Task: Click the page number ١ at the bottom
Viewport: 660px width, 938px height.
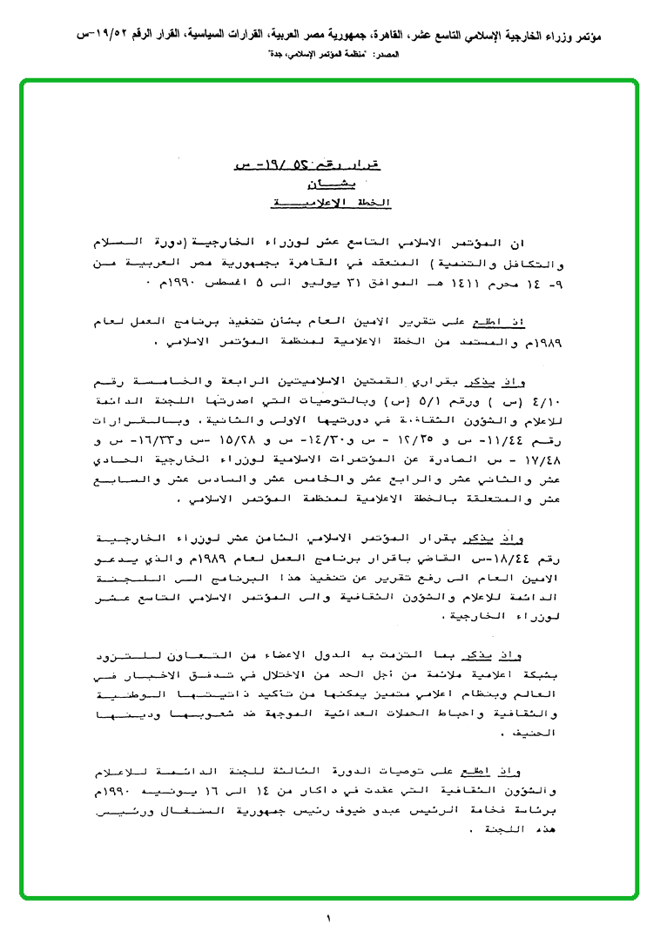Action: point(330,918)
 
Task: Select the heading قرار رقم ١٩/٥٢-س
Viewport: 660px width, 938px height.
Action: point(313,163)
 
